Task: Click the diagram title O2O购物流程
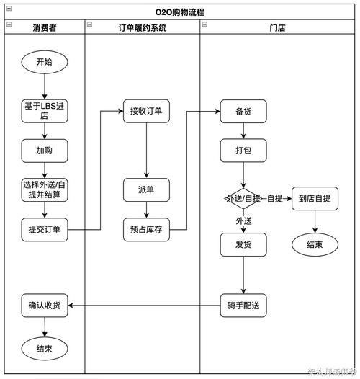179,12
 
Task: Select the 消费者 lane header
44,27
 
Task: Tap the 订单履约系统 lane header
142,27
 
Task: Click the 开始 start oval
44,62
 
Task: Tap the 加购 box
44,151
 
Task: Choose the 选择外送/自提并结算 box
44,189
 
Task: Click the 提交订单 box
44,230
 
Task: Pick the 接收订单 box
146,112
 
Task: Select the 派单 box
146,189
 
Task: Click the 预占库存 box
146,230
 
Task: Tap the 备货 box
243,112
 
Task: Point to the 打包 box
243,151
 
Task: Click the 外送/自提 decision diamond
243,198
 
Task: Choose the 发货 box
243,245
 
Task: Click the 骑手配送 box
243,305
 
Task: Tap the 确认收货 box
44,305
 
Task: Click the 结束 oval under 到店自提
315,244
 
